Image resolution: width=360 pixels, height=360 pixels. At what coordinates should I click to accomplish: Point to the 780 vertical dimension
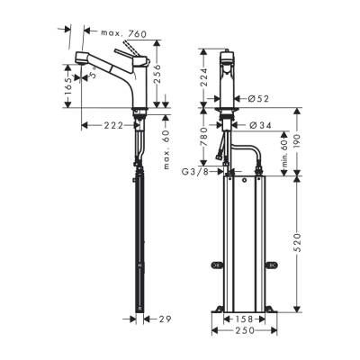[204, 142]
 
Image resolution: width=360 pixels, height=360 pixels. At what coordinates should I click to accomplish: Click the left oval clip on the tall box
[216, 265]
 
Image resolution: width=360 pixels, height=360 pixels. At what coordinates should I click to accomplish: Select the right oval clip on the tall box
[273, 265]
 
